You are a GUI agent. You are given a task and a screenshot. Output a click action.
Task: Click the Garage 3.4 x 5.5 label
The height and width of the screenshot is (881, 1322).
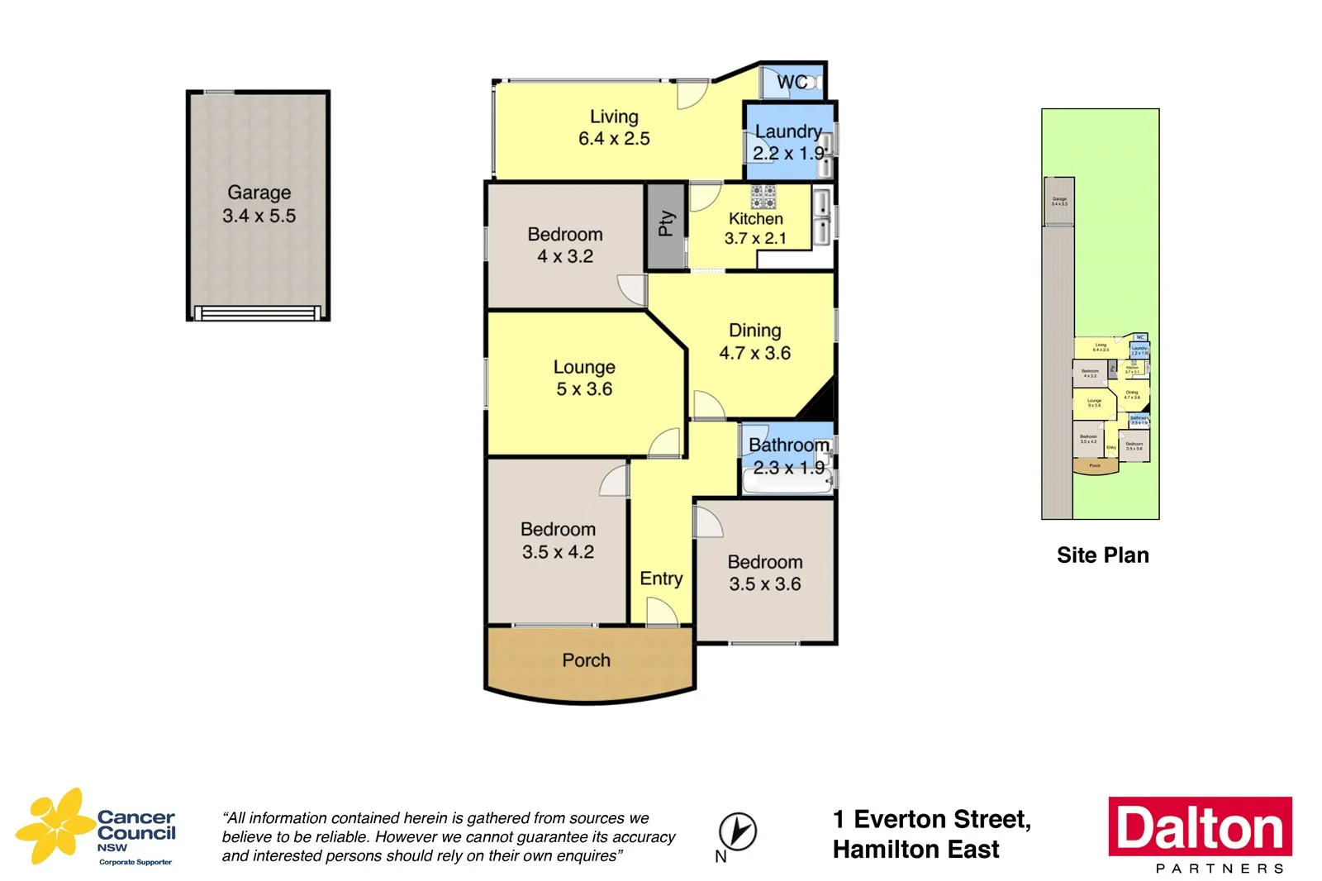click(259, 204)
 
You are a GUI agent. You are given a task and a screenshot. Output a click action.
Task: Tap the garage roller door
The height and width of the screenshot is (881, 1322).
click(257, 313)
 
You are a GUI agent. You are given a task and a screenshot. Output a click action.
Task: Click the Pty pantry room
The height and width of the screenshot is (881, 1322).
click(666, 224)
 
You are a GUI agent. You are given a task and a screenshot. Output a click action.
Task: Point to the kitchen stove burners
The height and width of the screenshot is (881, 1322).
click(763, 196)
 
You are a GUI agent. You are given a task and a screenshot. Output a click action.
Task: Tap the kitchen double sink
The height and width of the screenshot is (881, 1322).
click(821, 217)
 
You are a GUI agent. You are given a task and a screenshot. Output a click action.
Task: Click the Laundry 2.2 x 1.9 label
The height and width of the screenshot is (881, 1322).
click(788, 142)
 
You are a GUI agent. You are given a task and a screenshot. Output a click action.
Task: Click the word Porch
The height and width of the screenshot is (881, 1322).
click(586, 660)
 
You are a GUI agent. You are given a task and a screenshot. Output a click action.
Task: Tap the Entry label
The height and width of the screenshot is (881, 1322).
click(661, 579)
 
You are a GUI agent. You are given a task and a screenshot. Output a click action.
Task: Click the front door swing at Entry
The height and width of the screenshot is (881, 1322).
click(661, 612)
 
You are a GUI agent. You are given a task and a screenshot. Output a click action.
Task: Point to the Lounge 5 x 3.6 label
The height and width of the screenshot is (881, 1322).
click(584, 378)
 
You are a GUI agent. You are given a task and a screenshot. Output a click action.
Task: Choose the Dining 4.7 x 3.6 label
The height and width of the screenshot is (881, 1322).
click(754, 341)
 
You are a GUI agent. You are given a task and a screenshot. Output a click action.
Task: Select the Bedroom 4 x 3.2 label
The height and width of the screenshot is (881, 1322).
click(565, 245)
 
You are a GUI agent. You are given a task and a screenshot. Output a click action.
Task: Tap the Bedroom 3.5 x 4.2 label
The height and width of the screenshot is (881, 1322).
click(558, 541)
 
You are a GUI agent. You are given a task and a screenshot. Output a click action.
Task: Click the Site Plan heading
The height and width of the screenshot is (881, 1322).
click(1102, 555)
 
